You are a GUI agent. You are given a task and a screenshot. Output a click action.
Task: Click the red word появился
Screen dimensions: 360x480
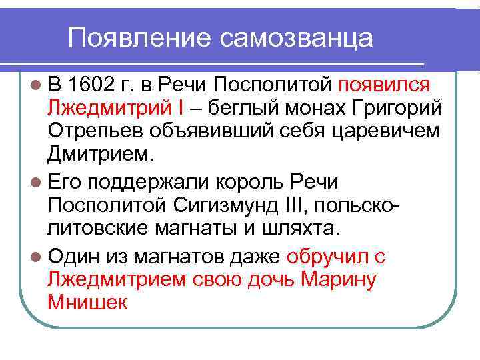coord(385,86)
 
